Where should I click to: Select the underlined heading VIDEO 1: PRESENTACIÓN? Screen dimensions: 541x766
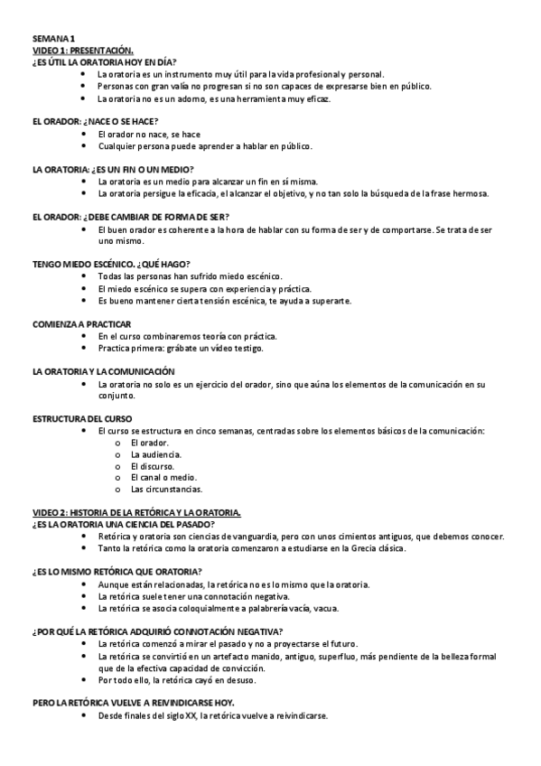pos(83,51)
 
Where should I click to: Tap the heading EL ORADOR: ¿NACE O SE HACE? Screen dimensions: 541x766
pos(95,121)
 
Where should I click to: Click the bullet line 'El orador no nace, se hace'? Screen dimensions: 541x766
pos(149,134)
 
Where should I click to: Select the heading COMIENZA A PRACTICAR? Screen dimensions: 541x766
pos(82,323)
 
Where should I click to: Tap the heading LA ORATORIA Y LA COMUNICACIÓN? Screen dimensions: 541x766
pos(103,370)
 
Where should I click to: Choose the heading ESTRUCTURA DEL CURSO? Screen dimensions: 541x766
pos(82,418)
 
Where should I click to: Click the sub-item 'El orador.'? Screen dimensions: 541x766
pos(150,443)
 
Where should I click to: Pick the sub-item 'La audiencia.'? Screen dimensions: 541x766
pos(156,454)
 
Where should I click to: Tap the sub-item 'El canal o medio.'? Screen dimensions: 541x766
pos(163,477)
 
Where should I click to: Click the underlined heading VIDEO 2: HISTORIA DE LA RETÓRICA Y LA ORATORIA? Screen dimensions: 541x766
pos(136,512)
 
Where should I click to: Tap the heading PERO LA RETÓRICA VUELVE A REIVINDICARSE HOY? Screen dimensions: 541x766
pos(133,702)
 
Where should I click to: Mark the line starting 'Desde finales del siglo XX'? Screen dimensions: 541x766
pos(212,715)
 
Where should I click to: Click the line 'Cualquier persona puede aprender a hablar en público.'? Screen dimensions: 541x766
pos(205,145)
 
